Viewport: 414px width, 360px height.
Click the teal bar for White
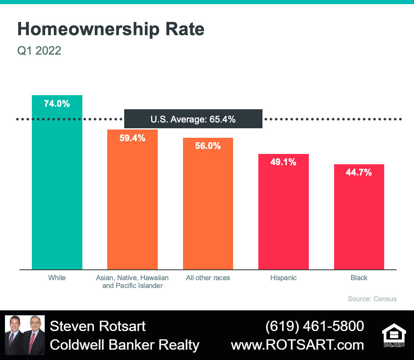(57, 182)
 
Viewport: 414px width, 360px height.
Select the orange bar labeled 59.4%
(132, 199)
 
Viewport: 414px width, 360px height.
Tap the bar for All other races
(208, 204)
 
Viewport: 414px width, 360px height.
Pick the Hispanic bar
(284, 212)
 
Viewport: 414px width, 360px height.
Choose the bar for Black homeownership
(359, 217)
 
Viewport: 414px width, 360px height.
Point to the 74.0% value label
(57, 104)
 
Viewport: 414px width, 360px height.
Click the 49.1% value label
(283, 162)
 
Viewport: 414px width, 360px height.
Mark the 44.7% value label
(359, 173)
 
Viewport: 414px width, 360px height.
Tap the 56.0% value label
(208, 146)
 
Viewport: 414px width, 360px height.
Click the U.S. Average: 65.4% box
(193, 119)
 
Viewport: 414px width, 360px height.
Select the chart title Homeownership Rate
(111, 29)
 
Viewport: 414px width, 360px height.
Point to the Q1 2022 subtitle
(39, 50)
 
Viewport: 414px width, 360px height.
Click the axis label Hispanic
(283, 278)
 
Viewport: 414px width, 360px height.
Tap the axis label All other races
(208, 278)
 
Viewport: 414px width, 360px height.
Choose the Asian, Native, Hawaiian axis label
(132, 278)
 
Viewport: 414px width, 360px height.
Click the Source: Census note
(372, 299)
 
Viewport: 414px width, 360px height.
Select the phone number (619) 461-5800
(315, 326)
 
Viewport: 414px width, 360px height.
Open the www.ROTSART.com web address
(298, 345)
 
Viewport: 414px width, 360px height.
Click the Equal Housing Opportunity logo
(394, 335)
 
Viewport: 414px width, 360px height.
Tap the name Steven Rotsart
(98, 326)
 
